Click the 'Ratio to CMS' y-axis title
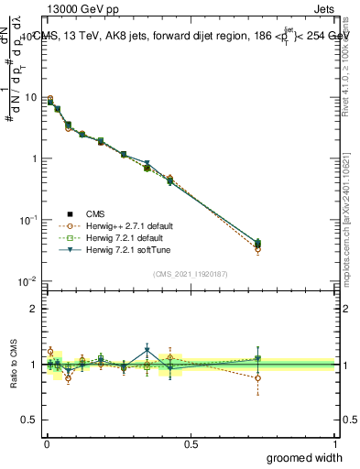click(x=14, y=365)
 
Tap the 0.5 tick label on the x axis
click(x=191, y=442)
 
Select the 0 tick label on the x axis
click(x=47, y=442)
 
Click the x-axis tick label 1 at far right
click(x=334, y=442)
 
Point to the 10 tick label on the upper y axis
click(x=31, y=98)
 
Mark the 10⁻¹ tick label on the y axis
click(x=29, y=220)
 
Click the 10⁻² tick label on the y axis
click(x=29, y=281)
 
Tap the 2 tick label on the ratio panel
click(x=35, y=309)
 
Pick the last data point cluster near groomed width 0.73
click(x=257, y=245)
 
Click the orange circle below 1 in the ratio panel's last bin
click(x=257, y=377)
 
